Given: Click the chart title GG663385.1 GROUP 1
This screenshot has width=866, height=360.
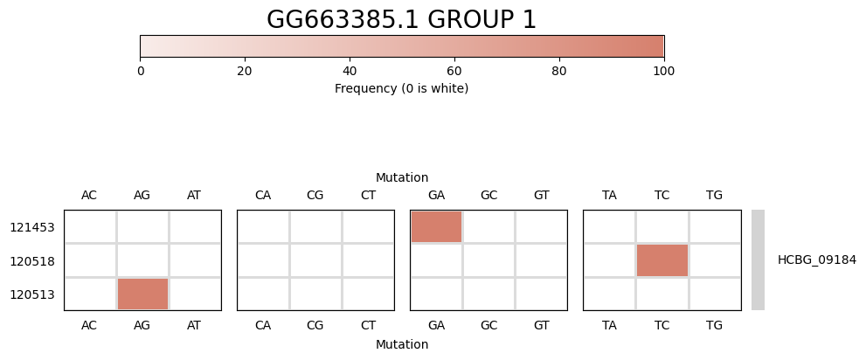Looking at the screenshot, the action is point(401,20).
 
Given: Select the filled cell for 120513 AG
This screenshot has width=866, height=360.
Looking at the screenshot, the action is point(142,294).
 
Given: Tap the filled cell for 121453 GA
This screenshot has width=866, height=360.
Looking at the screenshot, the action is point(436,226).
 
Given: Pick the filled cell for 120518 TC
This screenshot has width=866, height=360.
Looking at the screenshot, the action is point(662,260).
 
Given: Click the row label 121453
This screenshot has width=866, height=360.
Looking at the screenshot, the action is point(32,227).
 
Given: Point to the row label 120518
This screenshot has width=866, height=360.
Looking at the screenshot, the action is point(32,261).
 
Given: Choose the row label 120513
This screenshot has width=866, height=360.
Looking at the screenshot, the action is point(32,294).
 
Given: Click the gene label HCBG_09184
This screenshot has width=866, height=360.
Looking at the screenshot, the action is point(817,260).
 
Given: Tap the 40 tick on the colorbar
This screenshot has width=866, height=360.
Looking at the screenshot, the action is point(350,72).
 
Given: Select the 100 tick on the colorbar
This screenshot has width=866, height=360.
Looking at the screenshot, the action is point(664,72).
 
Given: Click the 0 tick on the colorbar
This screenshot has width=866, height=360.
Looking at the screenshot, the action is point(141,72).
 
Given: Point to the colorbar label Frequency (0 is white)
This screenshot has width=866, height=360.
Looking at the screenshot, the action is point(401,88).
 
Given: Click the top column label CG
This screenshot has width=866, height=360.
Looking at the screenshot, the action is point(315,196).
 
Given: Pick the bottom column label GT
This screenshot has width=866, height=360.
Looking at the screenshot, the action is point(541,326).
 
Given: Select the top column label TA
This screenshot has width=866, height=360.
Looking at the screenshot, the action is point(610,196).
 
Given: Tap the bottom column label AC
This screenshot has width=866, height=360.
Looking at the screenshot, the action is point(89,326).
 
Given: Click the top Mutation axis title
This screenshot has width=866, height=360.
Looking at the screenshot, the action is point(402,177).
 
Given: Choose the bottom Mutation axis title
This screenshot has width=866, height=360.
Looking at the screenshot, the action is point(402,344).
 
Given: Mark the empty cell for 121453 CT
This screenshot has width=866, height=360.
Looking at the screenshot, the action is point(369,226).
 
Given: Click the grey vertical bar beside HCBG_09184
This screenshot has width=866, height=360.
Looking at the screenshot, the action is point(758,260).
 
